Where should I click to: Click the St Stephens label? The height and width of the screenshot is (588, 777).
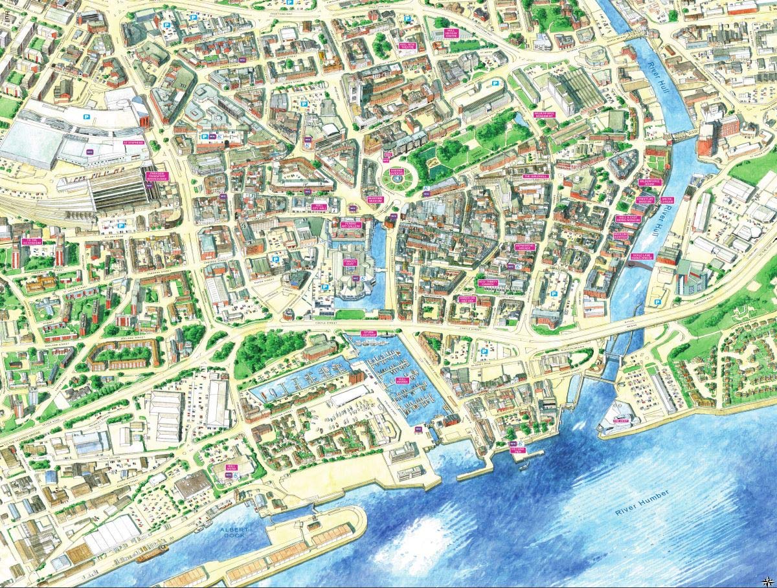point(132,142)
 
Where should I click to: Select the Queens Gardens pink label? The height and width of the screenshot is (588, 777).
point(396,173)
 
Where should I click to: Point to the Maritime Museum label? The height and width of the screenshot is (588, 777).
point(376,200)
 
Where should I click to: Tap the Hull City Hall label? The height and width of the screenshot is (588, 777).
point(318,207)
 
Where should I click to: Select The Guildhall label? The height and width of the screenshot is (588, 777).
point(535,176)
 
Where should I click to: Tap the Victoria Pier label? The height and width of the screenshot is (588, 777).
point(517,450)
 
